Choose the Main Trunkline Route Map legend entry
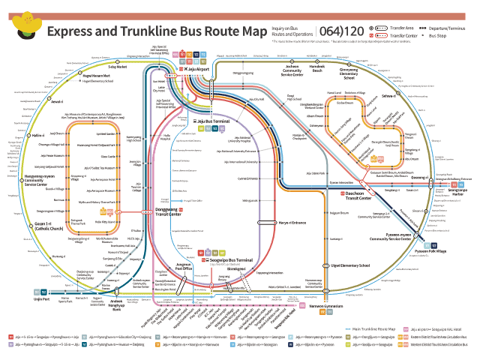click(x=373, y=329)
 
